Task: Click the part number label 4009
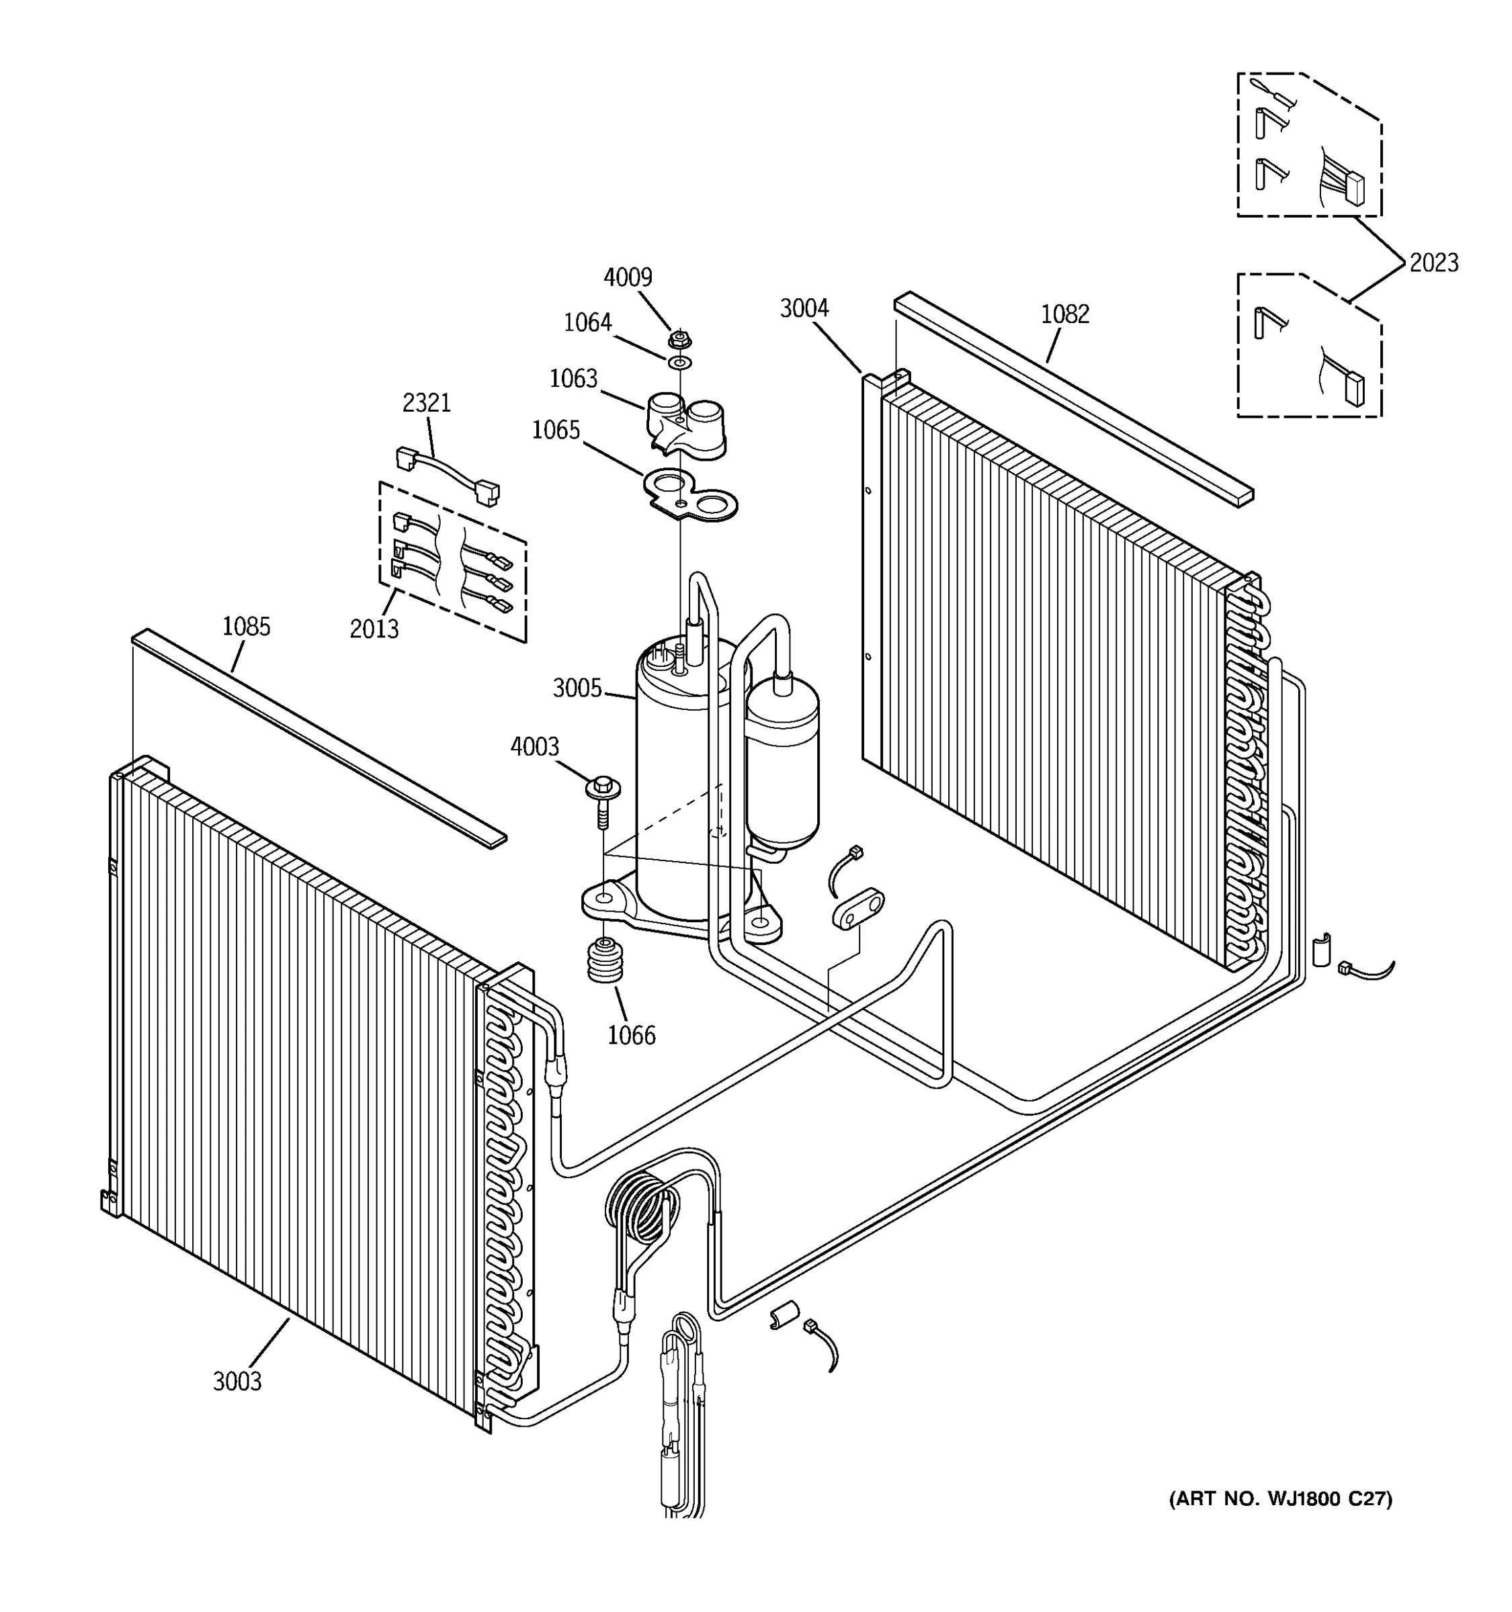627,277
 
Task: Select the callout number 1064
587,322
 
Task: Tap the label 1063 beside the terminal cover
573,379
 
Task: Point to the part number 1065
556,430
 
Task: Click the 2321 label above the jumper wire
426,402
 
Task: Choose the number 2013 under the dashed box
374,629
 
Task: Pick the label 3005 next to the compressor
577,688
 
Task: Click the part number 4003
534,746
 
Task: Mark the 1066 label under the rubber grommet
631,1036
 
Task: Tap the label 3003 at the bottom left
237,1381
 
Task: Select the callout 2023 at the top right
1433,263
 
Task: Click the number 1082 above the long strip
1064,314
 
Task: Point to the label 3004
804,308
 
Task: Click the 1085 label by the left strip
246,626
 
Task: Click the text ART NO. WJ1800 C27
1280,1498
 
